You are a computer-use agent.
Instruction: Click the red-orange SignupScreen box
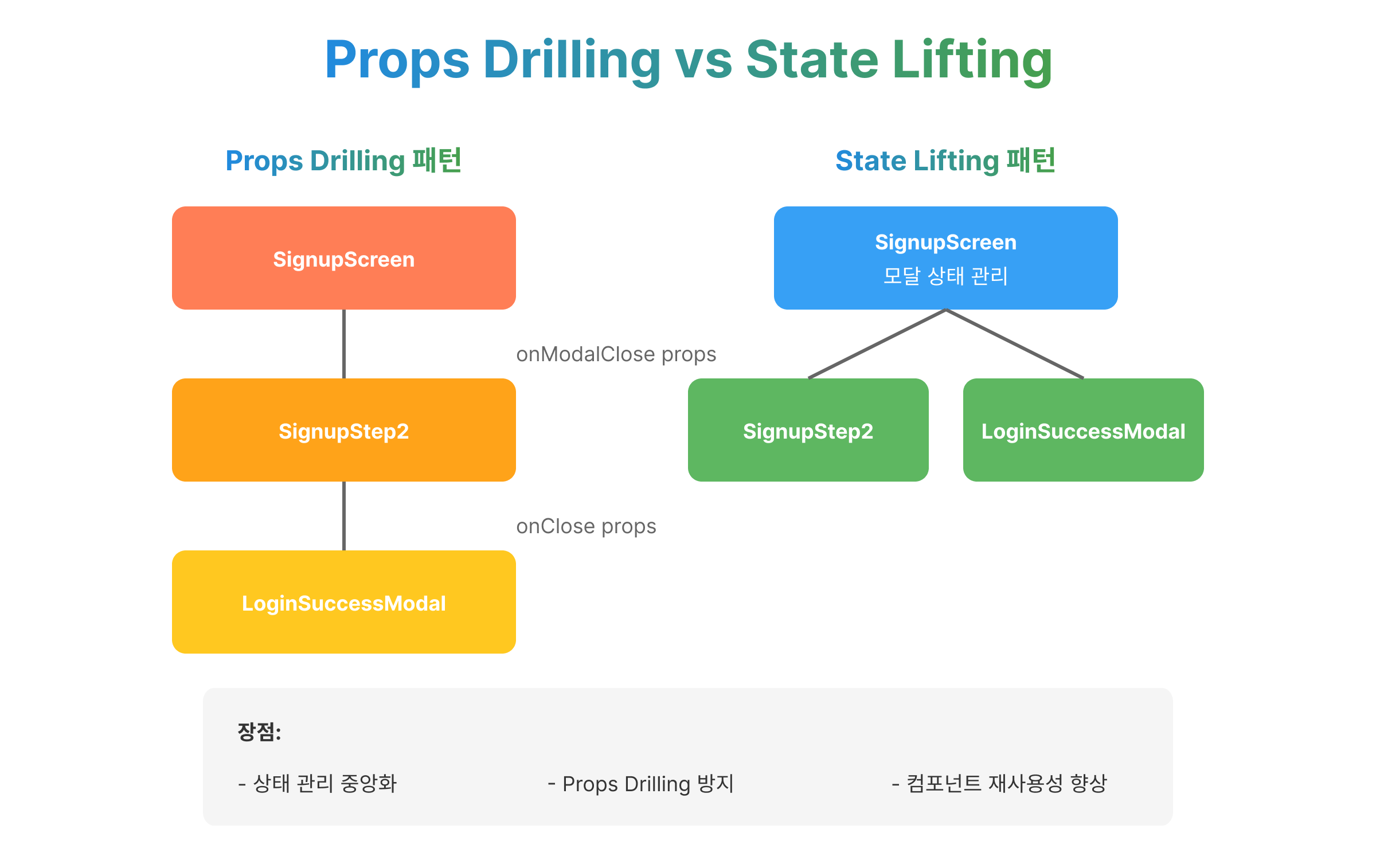pyautogui.click(x=343, y=258)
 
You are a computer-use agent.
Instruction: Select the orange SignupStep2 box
pyautogui.click(x=343, y=430)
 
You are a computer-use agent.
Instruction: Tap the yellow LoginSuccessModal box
pyautogui.click(x=343, y=602)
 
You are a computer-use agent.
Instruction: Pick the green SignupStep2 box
pyautogui.click(x=808, y=430)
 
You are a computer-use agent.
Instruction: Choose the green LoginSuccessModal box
pyautogui.click(x=1083, y=430)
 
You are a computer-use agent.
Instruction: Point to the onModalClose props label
pyautogui.click(x=616, y=354)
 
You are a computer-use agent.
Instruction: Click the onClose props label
pyautogui.click(x=586, y=526)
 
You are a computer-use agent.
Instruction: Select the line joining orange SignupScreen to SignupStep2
pyautogui.click(x=343, y=344)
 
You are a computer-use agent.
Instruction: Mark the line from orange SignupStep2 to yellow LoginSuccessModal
pyautogui.click(x=343, y=516)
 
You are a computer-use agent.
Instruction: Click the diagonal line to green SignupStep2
pyautogui.click(x=877, y=344)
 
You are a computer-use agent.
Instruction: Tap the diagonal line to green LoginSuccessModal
pyautogui.click(x=1015, y=344)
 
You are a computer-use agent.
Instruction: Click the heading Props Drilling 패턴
pyautogui.click(x=343, y=161)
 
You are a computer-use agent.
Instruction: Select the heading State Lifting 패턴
pyautogui.click(x=945, y=161)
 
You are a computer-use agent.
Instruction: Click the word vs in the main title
pyautogui.click(x=703, y=60)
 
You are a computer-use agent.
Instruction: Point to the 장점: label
pyautogui.click(x=259, y=732)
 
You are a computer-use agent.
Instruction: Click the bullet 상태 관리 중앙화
pyautogui.click(x=318, y=783)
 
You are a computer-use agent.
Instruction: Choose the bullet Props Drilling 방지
pyautogui.click(x=641, y=784)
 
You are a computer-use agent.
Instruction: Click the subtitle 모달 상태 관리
pyautogui.click(x=945, y=276)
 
